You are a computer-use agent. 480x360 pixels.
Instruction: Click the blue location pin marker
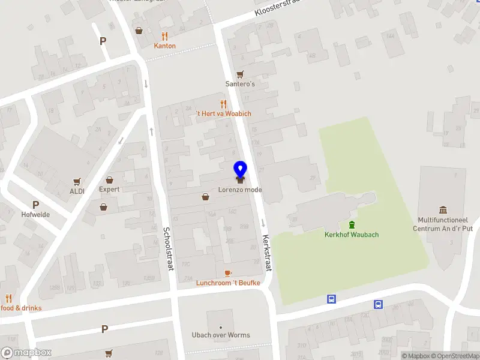240,170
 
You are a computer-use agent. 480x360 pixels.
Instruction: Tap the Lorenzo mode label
240,190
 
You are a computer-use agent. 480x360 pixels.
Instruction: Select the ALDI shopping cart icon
77,181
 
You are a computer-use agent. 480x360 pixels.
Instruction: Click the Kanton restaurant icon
164,35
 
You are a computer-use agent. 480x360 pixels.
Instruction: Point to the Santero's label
240,84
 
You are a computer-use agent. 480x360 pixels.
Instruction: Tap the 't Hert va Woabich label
223,113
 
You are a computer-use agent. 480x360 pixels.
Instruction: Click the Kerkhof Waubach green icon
352,225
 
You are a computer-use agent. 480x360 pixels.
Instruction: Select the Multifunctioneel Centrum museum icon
443,209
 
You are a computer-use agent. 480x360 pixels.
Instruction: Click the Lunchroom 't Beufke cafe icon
227,273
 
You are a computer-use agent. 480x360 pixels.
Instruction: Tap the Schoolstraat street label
168,248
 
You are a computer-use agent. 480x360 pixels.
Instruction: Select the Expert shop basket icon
109,179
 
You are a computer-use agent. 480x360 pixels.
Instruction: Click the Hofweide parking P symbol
35,205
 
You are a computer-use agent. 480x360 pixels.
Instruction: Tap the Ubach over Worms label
220,335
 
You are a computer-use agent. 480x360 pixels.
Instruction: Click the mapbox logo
26,353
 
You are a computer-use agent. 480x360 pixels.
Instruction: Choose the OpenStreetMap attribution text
454,356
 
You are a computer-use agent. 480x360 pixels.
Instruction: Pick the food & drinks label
21,308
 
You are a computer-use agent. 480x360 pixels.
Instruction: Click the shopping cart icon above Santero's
240,74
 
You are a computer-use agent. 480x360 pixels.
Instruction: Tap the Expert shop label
109,190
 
